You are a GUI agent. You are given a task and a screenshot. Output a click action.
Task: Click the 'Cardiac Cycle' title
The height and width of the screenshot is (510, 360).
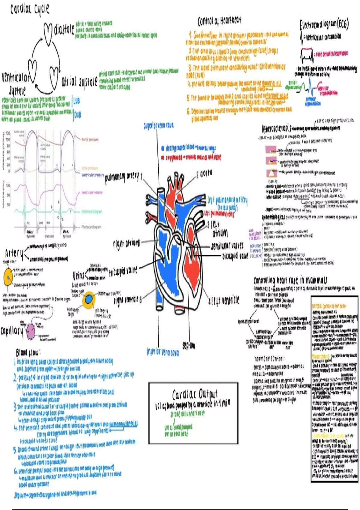pyautogui.click(x=30, y=9)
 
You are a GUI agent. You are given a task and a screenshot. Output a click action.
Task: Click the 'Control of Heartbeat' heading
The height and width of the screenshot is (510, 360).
pyautogui.click(x=219, y=21)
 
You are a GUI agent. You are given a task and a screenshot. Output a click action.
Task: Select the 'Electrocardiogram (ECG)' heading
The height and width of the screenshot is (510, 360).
pyautogui.click(x=324, y=25)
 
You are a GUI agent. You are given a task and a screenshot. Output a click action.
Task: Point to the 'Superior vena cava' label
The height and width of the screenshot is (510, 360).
pyautogui.click(x=158, y=126)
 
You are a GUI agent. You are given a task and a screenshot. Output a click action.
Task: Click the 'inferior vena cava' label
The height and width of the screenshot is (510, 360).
pyautogui.click(x=163, y=352)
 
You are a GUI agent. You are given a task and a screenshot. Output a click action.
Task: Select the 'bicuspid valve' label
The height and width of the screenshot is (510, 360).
pyautogui.click(x=235, y=256)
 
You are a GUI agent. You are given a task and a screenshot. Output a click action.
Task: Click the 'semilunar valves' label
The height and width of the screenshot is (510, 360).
pyautogui.click(x=227, y=246)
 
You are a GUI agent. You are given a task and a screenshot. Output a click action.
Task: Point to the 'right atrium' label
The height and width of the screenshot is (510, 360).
pyautogui.click(x=126, y=244)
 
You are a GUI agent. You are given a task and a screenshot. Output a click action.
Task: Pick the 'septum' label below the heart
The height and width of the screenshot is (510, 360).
pyautogui.click(x=188, y=346)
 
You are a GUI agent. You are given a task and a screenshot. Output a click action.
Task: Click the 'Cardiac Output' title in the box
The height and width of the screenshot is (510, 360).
pyautogui.click(x=195, y=394)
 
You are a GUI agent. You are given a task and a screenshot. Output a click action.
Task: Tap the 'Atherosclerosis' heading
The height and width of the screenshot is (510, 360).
pyautogui.click(x=276, y=129)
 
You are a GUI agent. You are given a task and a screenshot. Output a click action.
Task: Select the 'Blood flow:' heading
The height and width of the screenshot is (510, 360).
pyautogui.click(x=28, y=352)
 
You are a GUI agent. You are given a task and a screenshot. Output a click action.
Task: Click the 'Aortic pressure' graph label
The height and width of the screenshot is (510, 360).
pyautogui.click(x=90, y=139)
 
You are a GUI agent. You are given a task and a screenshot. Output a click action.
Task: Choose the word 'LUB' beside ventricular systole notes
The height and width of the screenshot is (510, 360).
pyautogui.click(x=77, y=101)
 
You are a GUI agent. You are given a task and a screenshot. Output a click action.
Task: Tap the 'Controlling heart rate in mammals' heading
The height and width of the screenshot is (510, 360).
pyautogui.click(x=290, y=280)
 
